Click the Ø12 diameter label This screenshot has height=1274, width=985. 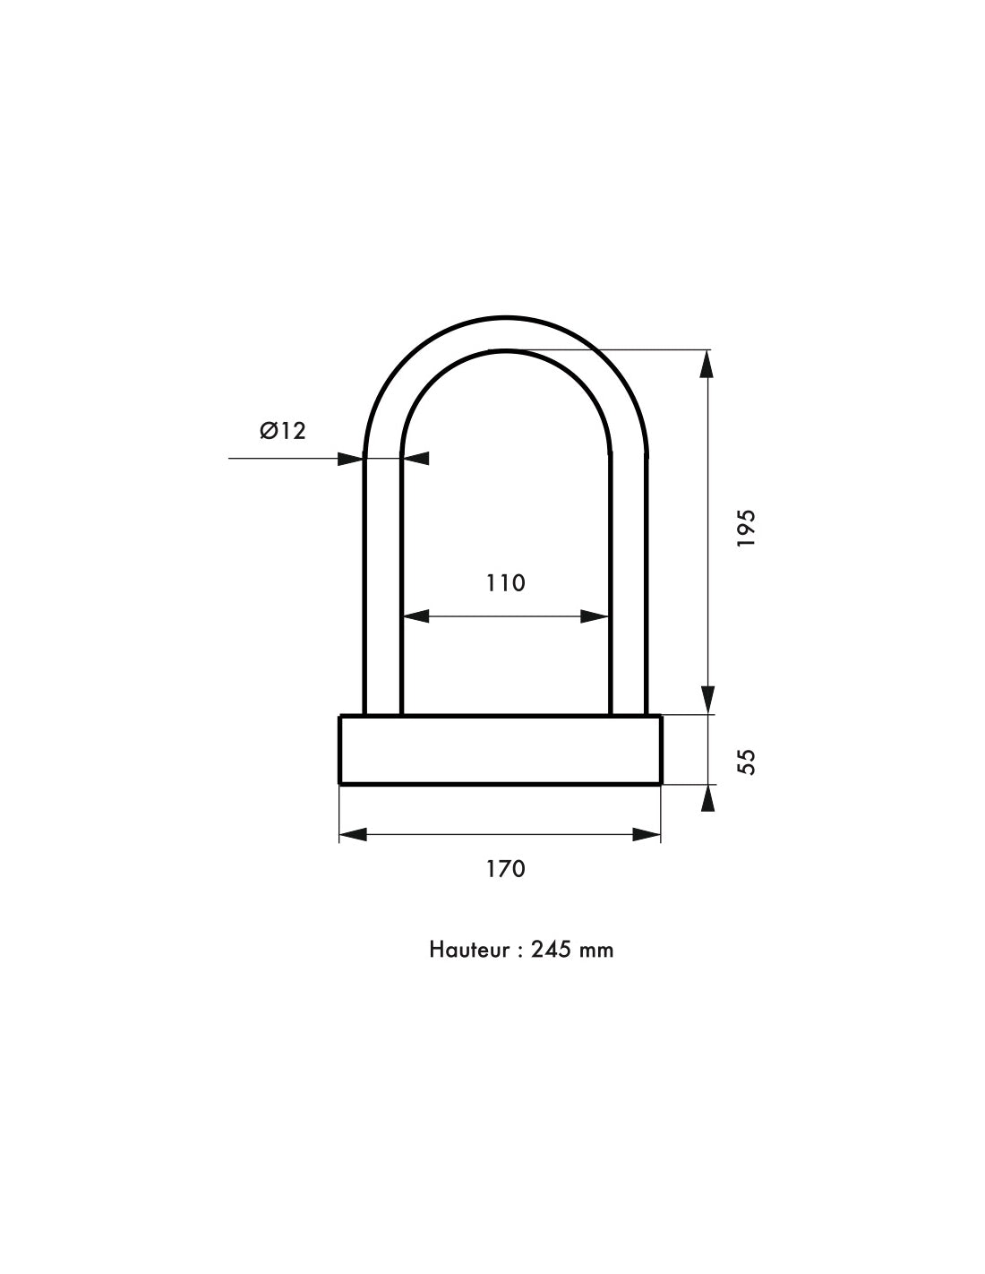[283, 431]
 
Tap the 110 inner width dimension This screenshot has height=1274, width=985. [506, 583]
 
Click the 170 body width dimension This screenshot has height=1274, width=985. [506, 868]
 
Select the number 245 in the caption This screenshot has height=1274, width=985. [550, 950]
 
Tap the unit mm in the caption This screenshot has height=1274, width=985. [595, 950]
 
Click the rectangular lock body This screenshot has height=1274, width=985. [500, 750]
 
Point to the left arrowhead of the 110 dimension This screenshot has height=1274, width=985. [415, 616]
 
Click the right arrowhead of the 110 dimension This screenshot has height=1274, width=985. [595, 616]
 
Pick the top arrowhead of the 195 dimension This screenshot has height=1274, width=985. [707, 363]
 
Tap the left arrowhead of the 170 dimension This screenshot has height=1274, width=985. [354, 834]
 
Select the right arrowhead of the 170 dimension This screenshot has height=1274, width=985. [647, 834]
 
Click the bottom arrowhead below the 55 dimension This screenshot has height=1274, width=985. [708, 797]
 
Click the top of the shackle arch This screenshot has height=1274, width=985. [505, 332]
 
